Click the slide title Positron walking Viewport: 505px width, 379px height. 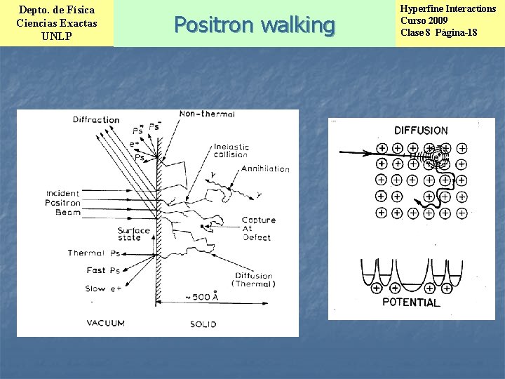(254, 25)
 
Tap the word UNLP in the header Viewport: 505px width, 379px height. (56, 36)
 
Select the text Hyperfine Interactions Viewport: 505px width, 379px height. (447, 9)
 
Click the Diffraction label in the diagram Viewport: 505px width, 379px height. (96, 119)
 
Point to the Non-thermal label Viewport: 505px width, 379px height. (207, 114)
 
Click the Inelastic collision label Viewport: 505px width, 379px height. (231, 151)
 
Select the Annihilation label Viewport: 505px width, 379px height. (265, 169)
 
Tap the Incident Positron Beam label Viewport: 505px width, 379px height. (63, 203)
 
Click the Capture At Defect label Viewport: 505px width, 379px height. (258, 228)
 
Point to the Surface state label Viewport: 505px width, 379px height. (133, 234)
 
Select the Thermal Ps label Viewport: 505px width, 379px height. (94, 253)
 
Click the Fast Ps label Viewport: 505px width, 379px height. (102, 270)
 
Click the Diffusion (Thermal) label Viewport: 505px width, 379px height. (255, 280)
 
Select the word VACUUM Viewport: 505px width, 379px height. (106, 324)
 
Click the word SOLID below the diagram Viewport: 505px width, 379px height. (203, 324)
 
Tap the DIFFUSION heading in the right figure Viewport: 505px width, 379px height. (421, 131)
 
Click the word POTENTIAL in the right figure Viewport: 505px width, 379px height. (412, 303)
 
